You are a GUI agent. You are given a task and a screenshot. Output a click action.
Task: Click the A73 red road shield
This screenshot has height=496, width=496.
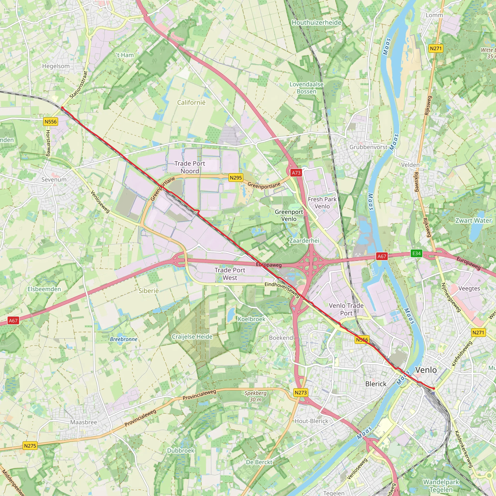pyautogui.click(x=296, y=173)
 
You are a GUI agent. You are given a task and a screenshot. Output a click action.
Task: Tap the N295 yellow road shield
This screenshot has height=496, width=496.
pyautogui.click(x=236, y=178)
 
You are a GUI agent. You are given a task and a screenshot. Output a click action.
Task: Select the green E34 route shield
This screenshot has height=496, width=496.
pyautogui.click(x=416, y=253)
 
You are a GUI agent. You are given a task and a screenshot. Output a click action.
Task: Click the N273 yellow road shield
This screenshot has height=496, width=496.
pyautogui.click(x=301, y=393)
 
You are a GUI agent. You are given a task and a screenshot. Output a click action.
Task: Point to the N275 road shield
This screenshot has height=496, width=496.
pyautogui.click(x=30, y=446)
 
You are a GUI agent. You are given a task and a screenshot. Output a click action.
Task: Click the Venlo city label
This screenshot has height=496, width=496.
pyautogui.click(x=426, y=370)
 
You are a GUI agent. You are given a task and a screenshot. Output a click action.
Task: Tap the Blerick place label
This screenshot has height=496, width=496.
pyautogui.click(x=376, y=384)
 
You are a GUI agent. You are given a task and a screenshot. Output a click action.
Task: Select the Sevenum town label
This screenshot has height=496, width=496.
pyautogui.click(x=54, y=180)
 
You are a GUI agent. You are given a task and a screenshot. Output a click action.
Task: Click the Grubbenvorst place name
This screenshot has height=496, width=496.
pyautogui.click(x=368, y=147)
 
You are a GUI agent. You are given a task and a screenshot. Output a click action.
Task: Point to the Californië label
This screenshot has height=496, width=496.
pyautogui.click(x=191, y=102)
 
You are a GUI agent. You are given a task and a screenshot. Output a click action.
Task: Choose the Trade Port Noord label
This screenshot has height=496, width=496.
pyautogui.click(x=190, y=167)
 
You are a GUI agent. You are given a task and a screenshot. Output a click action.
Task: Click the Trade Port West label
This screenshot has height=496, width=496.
pyautogui.click(x=230, y=274)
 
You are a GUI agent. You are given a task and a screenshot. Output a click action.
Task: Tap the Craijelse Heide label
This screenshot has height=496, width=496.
pyautogui.click(x=192, y=337)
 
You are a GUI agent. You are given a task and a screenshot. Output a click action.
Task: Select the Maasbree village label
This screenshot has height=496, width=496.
pyautogui.click(x=84, y=422)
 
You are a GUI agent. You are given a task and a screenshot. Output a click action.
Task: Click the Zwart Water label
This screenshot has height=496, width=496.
pyautogui.click(x=473, y=221)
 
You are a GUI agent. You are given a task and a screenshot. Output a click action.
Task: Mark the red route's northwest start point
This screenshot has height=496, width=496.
pyautogui.click(x=62, y=108)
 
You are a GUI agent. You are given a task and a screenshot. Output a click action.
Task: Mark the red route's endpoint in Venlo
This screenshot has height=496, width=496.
pyautogui.click(x=434, y=388)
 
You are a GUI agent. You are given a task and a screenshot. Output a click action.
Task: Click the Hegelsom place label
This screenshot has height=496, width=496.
pyautogui.click(x=56, y=66)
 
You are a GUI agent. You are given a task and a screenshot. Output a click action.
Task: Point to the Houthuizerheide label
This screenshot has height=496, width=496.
pyautogui.click(x=316, y=23)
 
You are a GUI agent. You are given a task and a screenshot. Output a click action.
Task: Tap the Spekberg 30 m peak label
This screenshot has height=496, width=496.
pyautogui.click(x=255, y=396)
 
